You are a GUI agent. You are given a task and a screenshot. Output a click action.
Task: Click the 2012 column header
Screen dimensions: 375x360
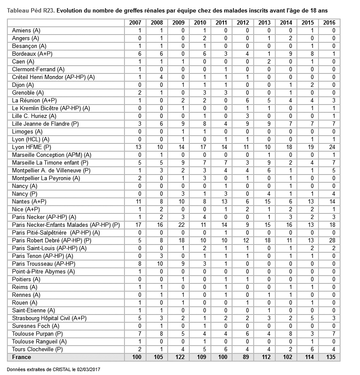(x=242, y=23)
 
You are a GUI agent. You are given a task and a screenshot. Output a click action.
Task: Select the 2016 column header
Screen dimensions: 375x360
(x=329, y=23)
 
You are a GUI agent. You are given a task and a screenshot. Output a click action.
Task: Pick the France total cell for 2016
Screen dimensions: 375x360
(x=329, y=357)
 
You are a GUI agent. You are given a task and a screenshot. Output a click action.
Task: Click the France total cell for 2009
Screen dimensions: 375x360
(x=178, y=357)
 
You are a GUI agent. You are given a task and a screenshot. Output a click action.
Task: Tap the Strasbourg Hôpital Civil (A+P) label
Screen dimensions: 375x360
(x=49, y=318)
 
